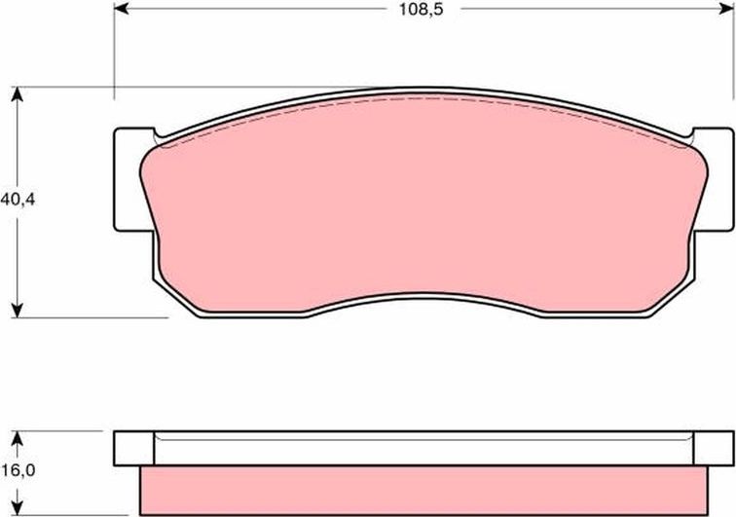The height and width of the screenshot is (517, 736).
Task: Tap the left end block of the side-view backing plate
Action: point(134,448)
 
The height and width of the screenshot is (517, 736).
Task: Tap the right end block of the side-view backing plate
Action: point(713,448)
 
